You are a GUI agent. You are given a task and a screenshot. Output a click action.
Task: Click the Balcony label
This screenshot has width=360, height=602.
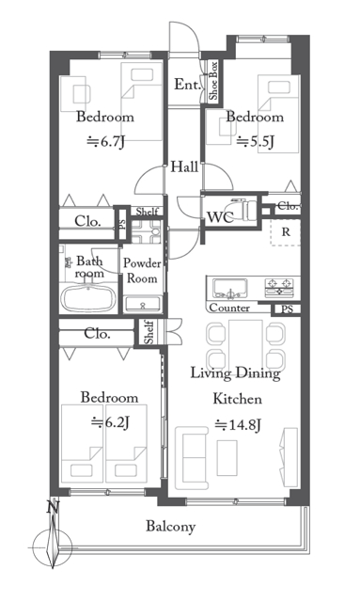[x=171, y=526]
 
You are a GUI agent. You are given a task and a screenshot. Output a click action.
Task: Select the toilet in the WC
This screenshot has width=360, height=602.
[x=244, y=210]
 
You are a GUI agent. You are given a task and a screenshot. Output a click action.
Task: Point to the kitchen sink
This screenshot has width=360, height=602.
[x=230, y=288]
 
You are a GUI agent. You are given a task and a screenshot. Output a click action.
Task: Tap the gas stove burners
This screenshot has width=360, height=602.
[x=279, y=287]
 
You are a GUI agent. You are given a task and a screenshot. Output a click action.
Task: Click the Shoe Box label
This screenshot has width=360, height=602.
[x=213, y=81]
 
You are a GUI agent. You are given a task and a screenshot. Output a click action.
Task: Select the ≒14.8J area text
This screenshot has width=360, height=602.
[x=238, y=425]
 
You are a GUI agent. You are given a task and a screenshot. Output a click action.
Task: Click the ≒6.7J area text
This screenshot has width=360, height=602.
[x=105, y=142]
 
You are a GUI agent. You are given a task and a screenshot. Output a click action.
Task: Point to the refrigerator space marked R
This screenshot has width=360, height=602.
[x=286, y=232]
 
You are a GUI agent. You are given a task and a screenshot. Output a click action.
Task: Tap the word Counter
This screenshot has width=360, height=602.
[x=229, y=308]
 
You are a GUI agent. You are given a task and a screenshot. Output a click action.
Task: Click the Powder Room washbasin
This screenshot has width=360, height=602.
[x=143, y=305]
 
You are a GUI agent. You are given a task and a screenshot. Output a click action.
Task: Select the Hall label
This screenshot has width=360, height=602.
[x=184, y=166]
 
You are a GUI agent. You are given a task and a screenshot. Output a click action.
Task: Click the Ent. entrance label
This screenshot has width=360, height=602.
[x=188, y=85]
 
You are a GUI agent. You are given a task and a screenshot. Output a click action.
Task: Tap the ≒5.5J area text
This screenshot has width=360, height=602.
[x=256, y=142]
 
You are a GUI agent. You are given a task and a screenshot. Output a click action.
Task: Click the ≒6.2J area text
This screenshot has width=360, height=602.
[x=110, y=422]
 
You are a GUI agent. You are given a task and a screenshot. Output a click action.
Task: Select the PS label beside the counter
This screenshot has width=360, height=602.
[x=287, y=309]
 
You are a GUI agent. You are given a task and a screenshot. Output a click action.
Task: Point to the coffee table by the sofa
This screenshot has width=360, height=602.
[x=227, y=458]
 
